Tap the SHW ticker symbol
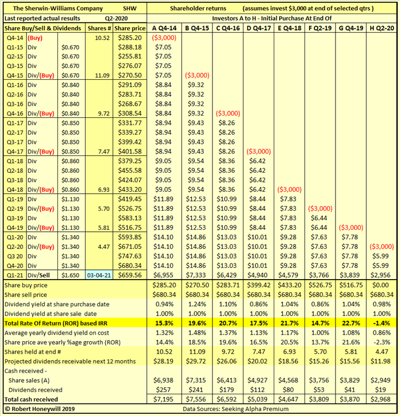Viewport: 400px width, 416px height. click(130, 9)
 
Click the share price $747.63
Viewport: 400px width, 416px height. click(131, 255)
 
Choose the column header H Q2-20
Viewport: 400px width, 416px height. click(382, 27)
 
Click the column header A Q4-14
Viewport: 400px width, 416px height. click(163, 27)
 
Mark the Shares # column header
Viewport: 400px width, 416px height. click(100, 27)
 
